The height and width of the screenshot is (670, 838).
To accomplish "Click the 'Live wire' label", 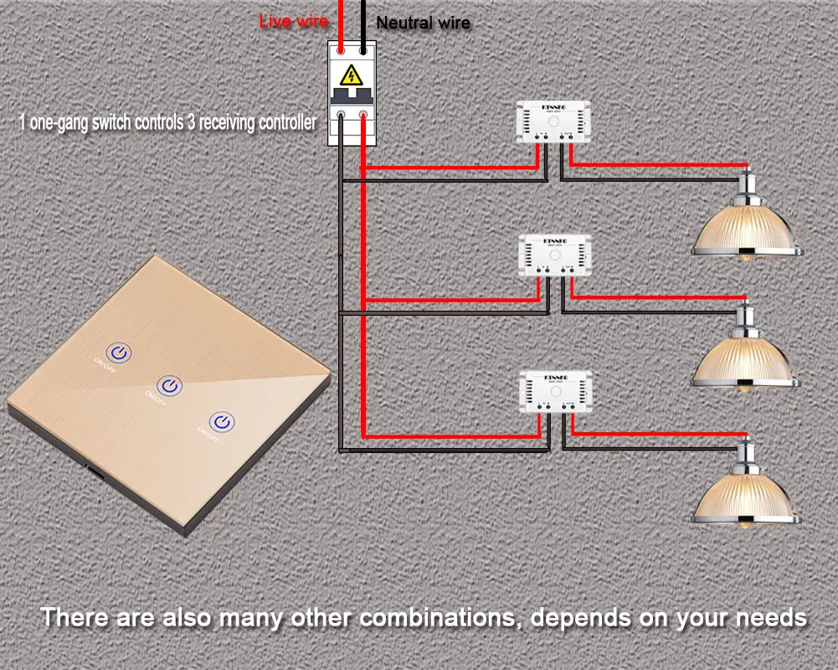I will [293, 21].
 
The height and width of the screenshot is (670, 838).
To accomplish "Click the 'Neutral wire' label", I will [423, 23].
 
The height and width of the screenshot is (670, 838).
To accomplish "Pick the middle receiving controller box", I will [554, 256].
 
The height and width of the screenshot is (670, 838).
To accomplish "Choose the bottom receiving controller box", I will [554, 389].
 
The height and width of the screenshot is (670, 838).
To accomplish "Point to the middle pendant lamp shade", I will [746, 359].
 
